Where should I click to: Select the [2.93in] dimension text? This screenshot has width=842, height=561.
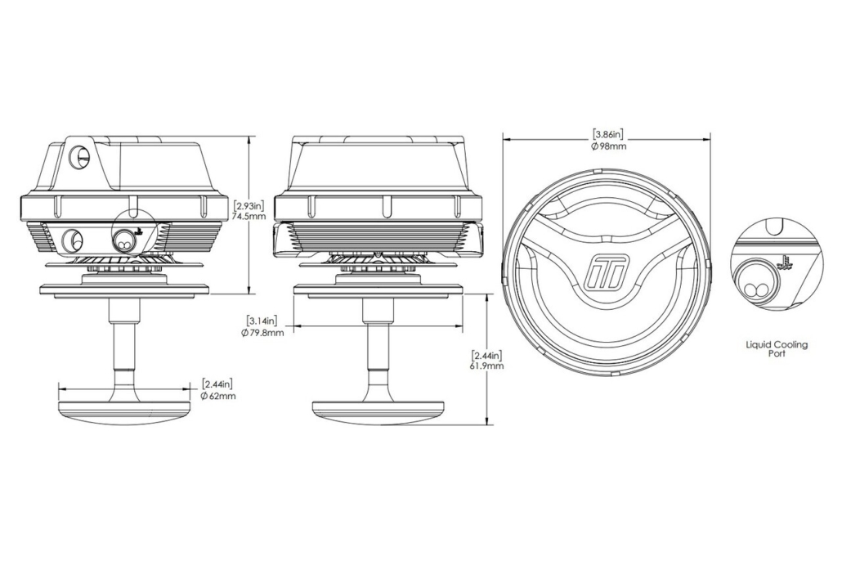pyautogui.click(x=249, y=205)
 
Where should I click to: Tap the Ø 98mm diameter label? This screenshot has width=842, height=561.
pyautogui.click(x=608, y=146)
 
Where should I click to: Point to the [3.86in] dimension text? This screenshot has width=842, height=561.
pyautogui.click(x=608, y=133)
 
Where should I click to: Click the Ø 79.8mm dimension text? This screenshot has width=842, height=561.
pyautogui.click(x=262, y=333)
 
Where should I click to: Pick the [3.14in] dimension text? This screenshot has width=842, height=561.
pyautogui.click(x=262, y=321)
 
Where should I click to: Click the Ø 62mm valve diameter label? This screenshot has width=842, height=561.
pyautogui.click(x=218, y=396)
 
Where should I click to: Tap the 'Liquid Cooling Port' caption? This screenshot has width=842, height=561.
pyautogui.click(x=777, y=348)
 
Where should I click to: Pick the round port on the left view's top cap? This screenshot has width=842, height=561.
pyautogui.click(x=79, y=156)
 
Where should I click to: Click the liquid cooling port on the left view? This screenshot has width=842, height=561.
pyautogui.click(x=124, y=240)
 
